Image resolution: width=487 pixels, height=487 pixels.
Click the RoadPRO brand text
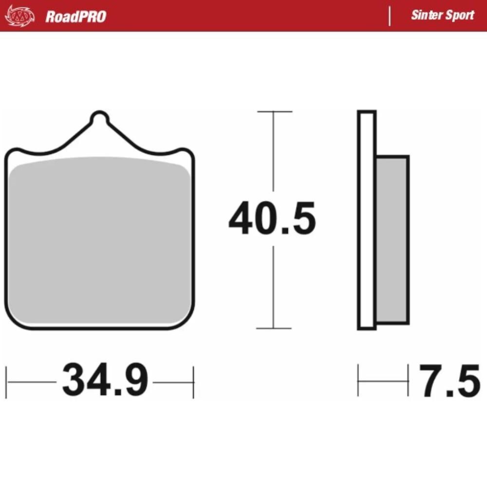pyautogui.click(x=75, y=17)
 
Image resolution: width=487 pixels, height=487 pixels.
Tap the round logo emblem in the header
pyautogui.click(x=20, y=16)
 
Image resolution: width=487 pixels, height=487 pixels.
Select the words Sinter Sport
pyautogui.click(x=442, y=15)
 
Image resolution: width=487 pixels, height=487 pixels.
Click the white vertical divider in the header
pyautogui.click(x=390, y=16)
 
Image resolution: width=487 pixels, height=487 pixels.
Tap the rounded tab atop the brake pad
pyautogui.click(x=99, y=118)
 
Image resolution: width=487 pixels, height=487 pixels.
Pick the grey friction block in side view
pyautogui.click(x=393, y=240)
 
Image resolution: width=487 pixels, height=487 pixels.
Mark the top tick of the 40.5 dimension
pyautogui.click(x=274, y=112)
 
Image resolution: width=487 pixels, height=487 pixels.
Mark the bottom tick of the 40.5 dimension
pyautogui.click(x=274, y=328)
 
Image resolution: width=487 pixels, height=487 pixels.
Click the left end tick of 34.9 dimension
pyautogui.click(x=7, y=382)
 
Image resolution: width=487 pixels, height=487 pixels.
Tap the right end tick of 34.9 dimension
pyautogui.click(x=193, y=382)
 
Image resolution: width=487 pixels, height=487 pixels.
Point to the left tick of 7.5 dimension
pyautogui.click(x=358, y=380)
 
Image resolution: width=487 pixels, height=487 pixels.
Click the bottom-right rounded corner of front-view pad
pyautogui.click(x=187, y=321)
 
